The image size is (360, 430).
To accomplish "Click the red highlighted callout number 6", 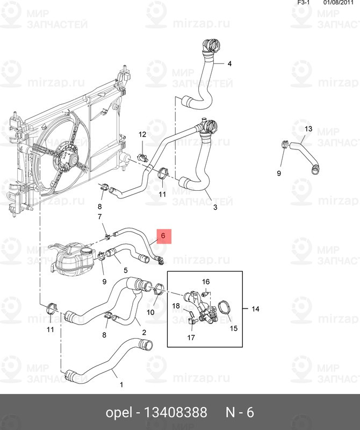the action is pyautogui.click(x=163, y=236).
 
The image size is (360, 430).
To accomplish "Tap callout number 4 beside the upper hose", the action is pyautogui.click(x=229, y=63).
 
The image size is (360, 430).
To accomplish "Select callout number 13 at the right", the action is pyautogui.click(x=308, y=128).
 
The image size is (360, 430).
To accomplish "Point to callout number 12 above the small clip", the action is pyautogui.click(x=142, y=134).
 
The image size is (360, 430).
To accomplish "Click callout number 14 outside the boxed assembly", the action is pyautogui.click(x=255, y=309).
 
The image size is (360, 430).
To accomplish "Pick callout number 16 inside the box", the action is pyautogui.click(x=206, y=282).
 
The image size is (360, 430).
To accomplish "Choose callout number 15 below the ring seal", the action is pyautogui.click(x=234, y=328).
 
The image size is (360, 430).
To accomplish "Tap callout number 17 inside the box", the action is pyautogui.click(x=191, y=338).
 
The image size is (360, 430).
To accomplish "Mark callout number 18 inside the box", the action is pyautogui.click(x=176, y=306).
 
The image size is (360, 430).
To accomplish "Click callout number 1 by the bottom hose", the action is pyautogui.click(x=121, y=385).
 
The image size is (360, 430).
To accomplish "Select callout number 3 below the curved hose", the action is pyautogui.click(x=215, y=207).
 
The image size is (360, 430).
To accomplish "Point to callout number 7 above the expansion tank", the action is pyautogui.click(x=99, y=217).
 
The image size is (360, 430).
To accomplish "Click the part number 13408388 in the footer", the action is pyautogui.click(x=176, y=412).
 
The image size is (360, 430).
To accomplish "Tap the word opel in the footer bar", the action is pyautogui.click(x=119, y=413).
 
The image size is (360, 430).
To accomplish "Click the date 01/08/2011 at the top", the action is pyautogui.click(x=339, y=3).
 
